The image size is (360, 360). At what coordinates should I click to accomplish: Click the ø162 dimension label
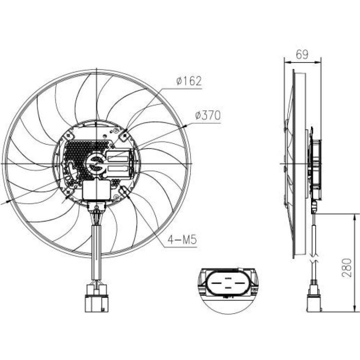(189, 81)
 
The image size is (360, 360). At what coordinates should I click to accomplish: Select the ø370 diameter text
(208, 115)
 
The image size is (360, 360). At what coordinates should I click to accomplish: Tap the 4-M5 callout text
(182, 240)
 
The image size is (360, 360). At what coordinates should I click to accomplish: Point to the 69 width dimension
(302, 54)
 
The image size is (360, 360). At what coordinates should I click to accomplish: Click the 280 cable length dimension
(347, 268)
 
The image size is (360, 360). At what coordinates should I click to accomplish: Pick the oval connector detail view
(228, 283)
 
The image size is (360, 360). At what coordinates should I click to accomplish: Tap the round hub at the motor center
(96, 163)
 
